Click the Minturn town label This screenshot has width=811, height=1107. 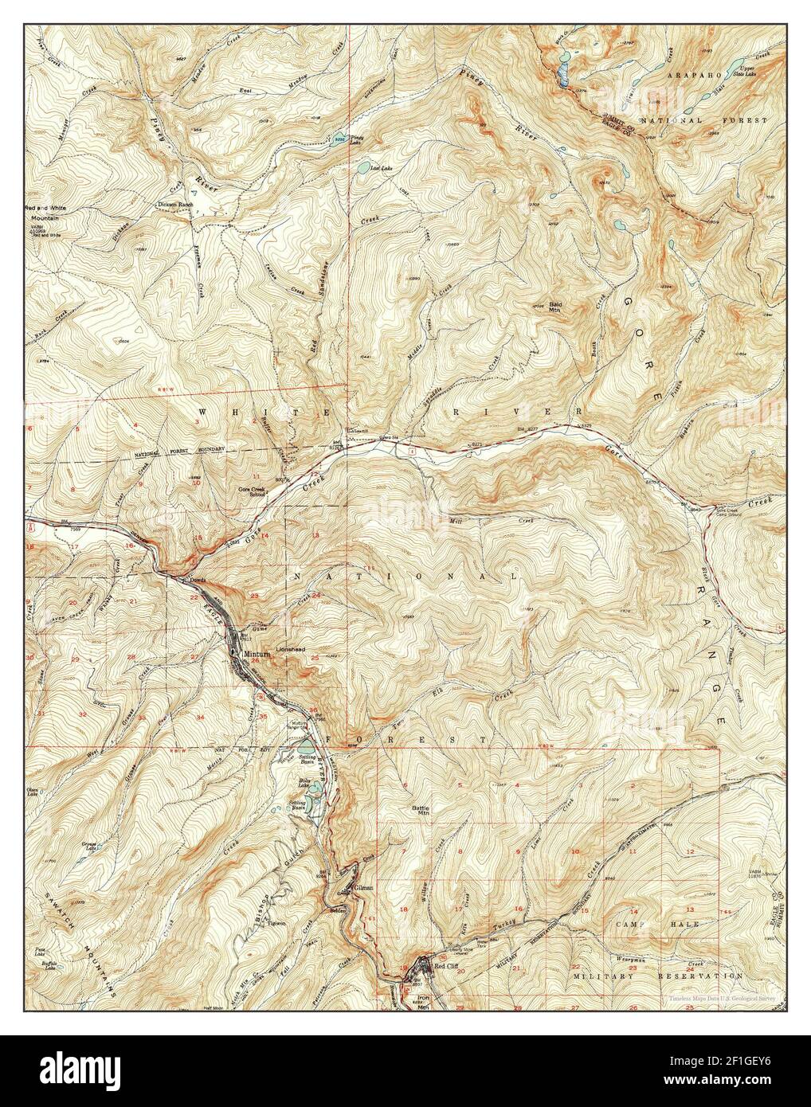[x=257, y=653]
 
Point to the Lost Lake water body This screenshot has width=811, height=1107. [x=364, y=168]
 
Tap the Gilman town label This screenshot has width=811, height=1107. [x=363, y=886]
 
